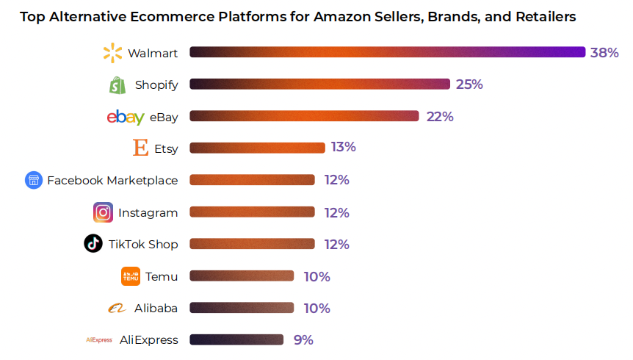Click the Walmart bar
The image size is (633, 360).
tap(388, 52)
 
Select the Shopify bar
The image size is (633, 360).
tap(319, 84)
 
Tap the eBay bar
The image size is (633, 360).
tap(304, 116)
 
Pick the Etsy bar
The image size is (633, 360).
tap(257, 148)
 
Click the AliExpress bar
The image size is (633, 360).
tap(236, 339)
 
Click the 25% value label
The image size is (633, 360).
tap(469, 84)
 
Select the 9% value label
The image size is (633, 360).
tap(303, 339)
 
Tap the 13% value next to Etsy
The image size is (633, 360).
tap(343, 147)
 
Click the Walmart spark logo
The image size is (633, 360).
tap(112, 53)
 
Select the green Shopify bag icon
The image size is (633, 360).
tap(117, 85)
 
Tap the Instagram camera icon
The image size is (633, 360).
tap(104, 212)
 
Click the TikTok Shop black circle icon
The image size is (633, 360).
tap(93, 244)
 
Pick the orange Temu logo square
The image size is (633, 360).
tap(131, 276)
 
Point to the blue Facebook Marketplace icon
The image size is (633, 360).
tap(34, 180)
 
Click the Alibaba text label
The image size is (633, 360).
tap(156, 309)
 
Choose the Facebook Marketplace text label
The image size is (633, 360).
tap(112, 181)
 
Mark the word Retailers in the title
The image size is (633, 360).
tap(540, 15)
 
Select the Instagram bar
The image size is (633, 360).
tap(252, 212)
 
